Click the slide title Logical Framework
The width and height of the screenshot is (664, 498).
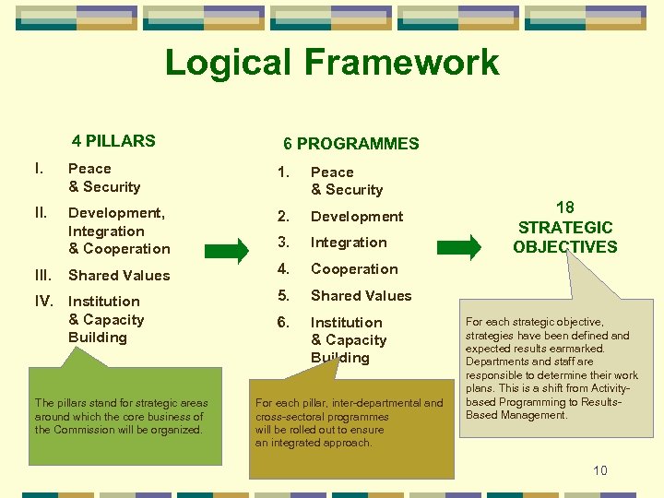point(332,63)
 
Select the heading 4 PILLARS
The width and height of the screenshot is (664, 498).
point(113,141)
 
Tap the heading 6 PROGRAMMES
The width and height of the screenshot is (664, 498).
point(350,144)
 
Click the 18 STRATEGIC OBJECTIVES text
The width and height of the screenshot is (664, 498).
point(564,228)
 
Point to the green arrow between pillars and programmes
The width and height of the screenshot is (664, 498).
point(227,249)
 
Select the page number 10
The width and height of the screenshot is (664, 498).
point(600,470)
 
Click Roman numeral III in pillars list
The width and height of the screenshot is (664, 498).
point(42,275)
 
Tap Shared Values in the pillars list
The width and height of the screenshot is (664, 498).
point(119,275)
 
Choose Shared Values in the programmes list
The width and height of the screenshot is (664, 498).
point(361,296)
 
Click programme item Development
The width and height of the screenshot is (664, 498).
point(357,217)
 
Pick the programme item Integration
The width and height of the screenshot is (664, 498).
point(349,243)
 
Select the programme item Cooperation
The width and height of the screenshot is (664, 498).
point(354,269)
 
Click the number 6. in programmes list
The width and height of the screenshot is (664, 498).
point(285,322)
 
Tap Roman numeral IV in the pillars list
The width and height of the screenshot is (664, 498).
point(44,302)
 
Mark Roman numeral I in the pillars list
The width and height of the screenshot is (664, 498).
point(38,169)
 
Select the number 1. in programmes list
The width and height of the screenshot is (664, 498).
point(285,172)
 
